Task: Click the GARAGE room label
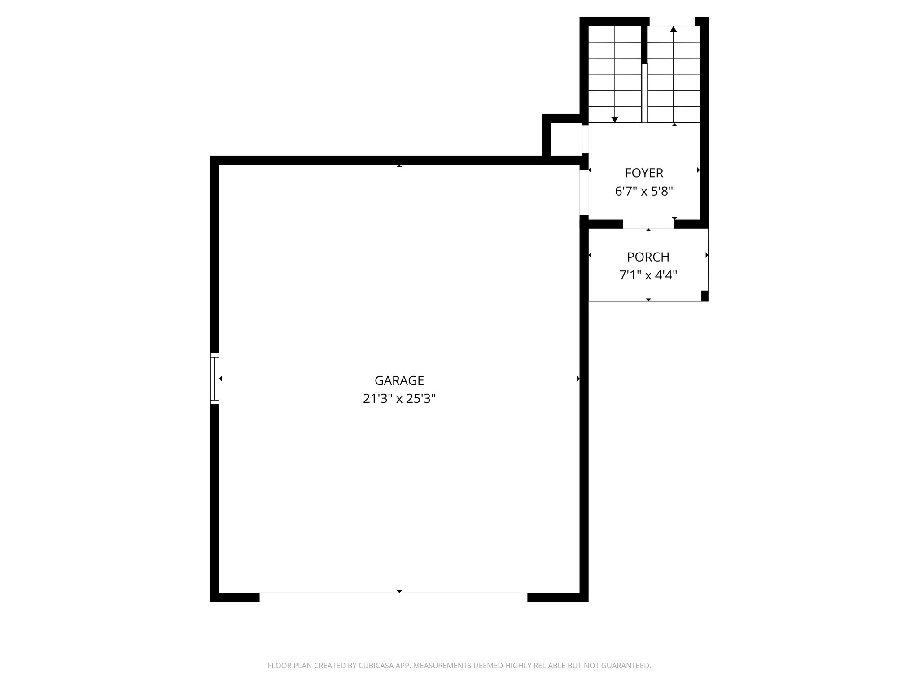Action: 399,380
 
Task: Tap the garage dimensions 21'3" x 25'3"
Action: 399,399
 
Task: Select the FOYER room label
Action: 644,173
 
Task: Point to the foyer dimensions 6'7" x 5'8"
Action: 644,192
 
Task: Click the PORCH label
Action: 648,257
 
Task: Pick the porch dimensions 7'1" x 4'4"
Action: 648,275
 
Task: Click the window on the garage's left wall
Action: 215,379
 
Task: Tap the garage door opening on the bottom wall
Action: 393,597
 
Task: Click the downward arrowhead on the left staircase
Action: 615,119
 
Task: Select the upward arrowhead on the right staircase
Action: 673,30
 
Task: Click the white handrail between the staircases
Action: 645,93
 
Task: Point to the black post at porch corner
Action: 705,296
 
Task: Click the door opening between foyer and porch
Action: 648,224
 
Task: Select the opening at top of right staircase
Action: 672,22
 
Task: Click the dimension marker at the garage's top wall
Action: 399,166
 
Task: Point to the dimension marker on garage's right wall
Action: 578,379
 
